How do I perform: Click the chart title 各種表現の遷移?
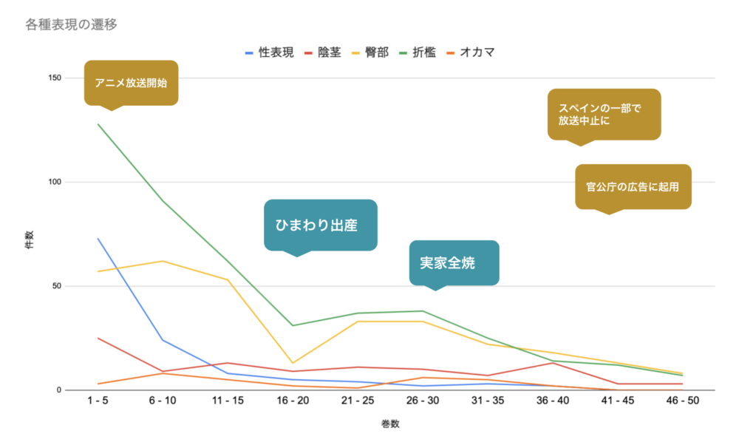tap(71, 24)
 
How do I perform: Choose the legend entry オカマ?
tap(477, 52)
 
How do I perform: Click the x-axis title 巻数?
tap(389, 424)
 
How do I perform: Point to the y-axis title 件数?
tap(29, 240)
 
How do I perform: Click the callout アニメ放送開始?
tap(131, 83)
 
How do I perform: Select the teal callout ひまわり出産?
tap(320, 225)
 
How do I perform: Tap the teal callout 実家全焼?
tap(454, 262)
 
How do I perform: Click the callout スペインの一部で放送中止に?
tap(604, 114)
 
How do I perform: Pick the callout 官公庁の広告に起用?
tap(633, 186)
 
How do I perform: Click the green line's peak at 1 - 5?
tap(98, 124)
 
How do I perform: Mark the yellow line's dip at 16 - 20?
tap(293, 363)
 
